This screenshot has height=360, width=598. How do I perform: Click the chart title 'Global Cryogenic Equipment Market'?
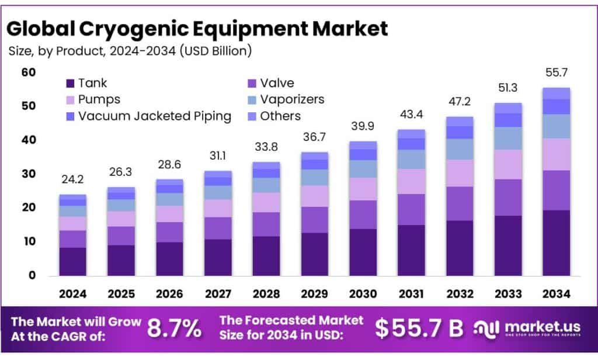pyautogui.click(x=197, y=27)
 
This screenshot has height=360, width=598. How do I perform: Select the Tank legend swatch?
pyautogui.click(x=71, y=84)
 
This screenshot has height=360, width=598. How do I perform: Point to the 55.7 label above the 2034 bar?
pyautogui.click(x=555, y=74)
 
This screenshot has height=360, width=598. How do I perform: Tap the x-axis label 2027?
pyautogui.click(x=217, y=294)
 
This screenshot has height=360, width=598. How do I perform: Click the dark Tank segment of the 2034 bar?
pyautogui.click(x=555, y=243)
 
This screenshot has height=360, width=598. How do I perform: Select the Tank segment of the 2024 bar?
pyautogui.click(x=72, y=261)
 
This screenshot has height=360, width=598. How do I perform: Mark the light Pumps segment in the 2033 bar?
pyautogui.click(x=507, y=164)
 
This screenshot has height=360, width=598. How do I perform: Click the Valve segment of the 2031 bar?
pyautogui.click(x=411, y=209)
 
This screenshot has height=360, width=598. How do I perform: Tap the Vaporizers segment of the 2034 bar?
pyautogui.click(x=555, y=126)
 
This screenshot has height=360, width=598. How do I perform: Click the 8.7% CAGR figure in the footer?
pyautogui.click(x=173, y=329)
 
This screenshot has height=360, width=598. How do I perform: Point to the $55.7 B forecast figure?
pyautogui.click(x=418, y=329)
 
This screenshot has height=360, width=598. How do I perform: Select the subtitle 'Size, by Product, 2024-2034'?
pyautogui.click(x=130, y=51)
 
